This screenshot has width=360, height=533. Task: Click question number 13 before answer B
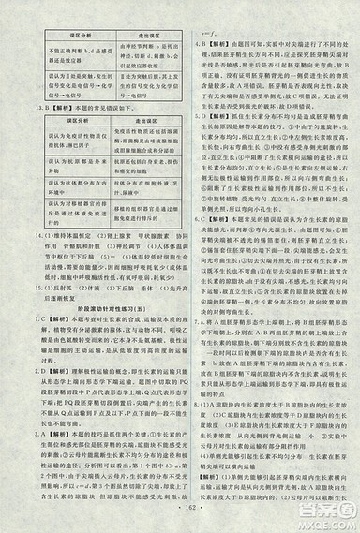pyautogui.click(x=7, y=107)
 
